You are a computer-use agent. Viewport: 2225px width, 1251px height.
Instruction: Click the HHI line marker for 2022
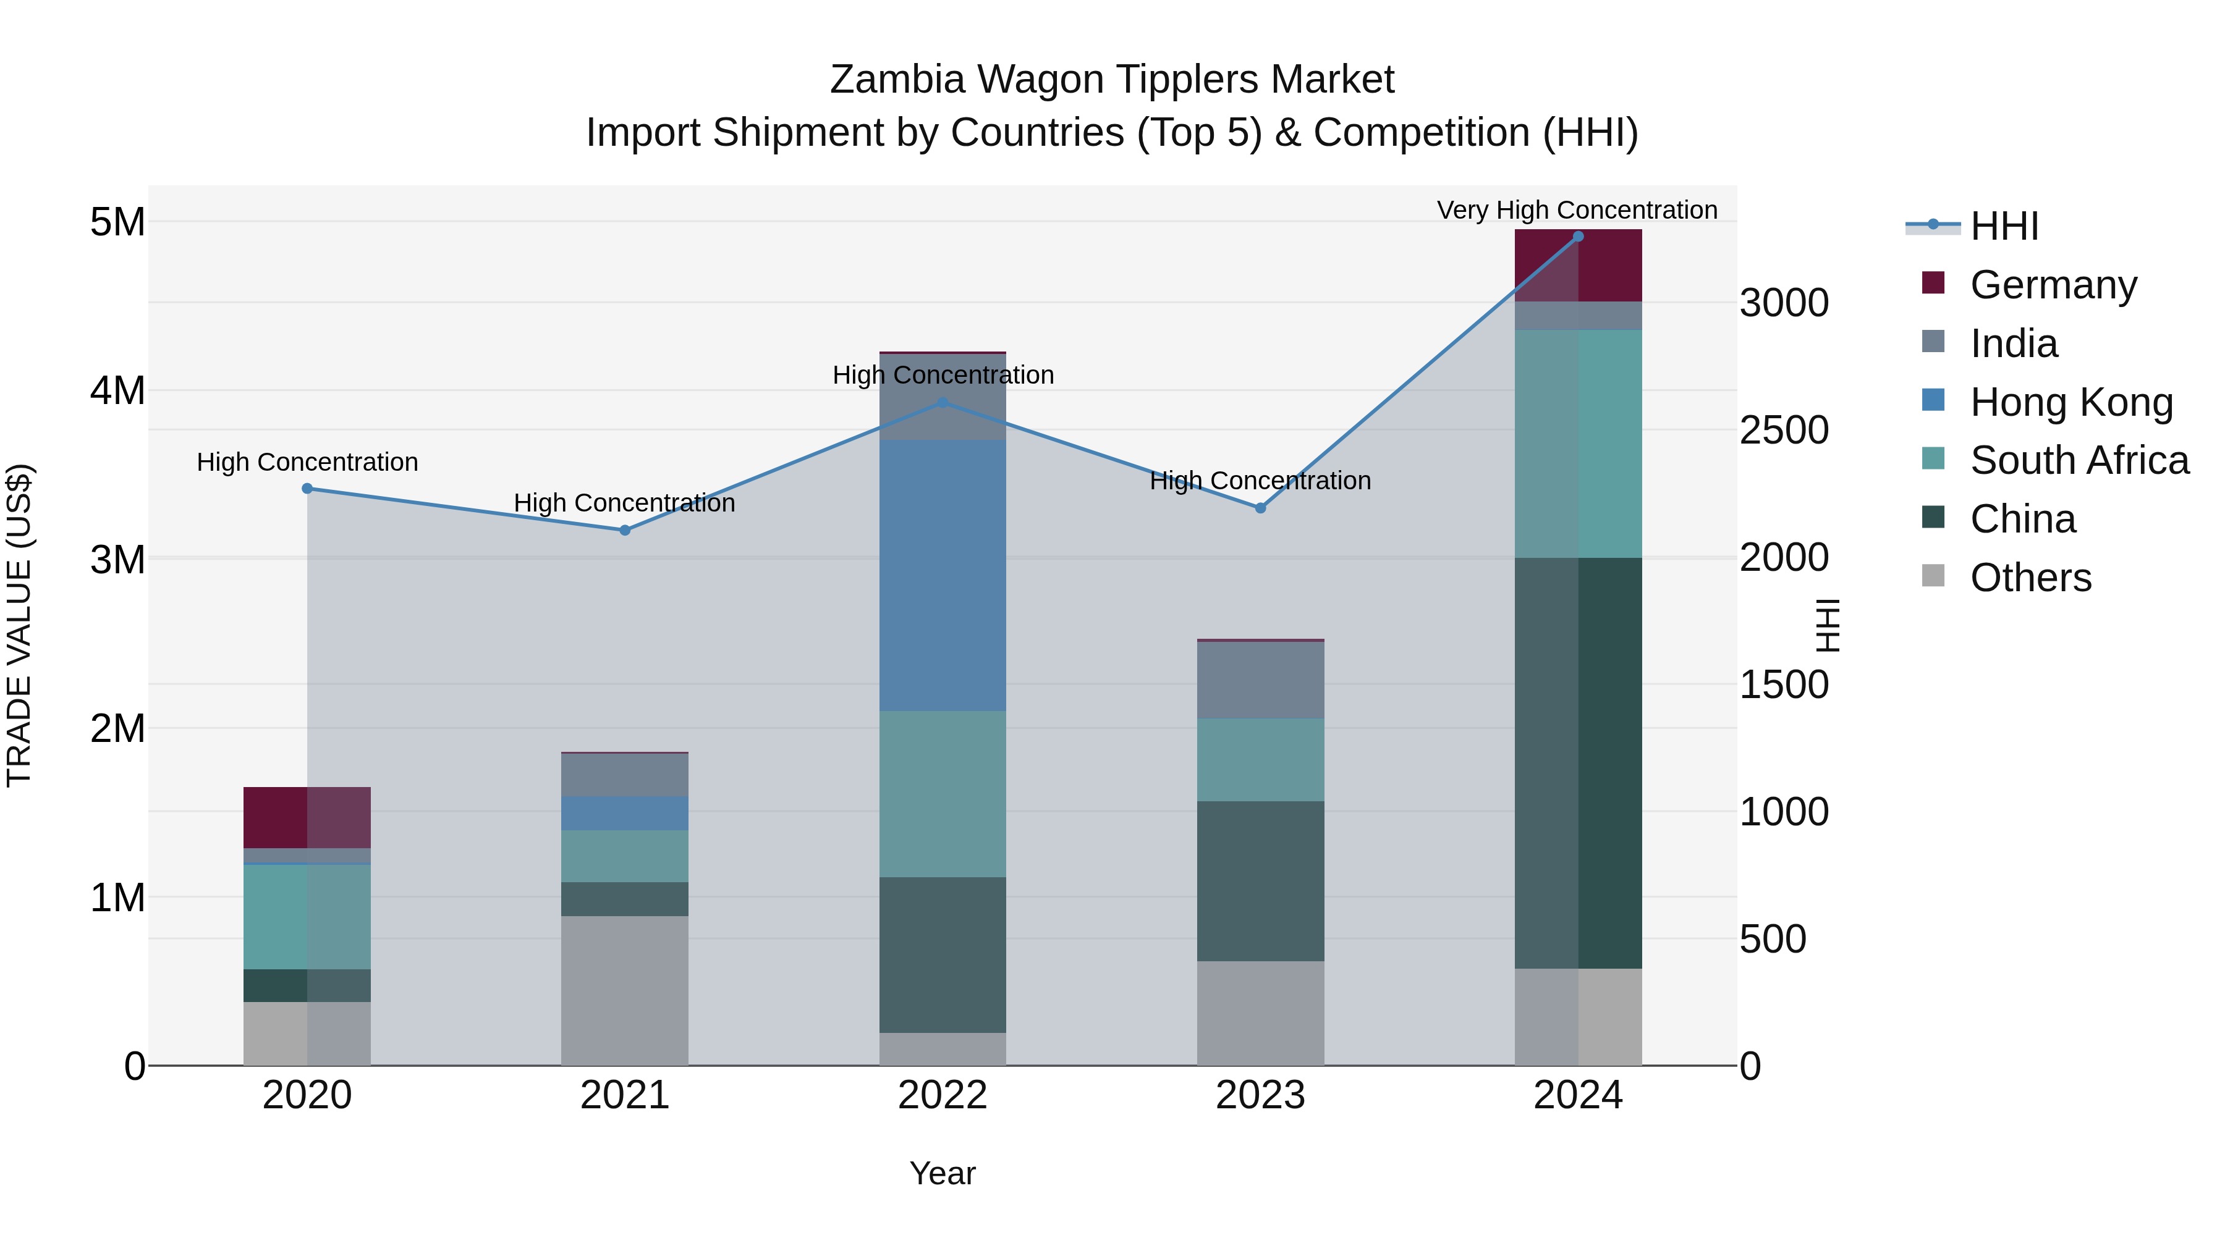pyautogui.click(x=943, y=402)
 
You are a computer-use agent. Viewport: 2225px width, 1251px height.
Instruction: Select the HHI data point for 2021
pyautogui.click(x=624, y=530)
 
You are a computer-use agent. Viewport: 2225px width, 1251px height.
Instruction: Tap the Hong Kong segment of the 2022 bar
pyautogui.click(x=943, y=575)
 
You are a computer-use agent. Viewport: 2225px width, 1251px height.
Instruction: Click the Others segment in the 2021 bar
pyautogui.click(x=624, y=990)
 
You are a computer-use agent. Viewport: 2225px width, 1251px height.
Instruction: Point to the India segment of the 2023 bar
pyautogui.click(x=1260, y=680)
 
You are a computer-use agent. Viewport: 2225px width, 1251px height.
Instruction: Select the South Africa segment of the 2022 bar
pyautogui.click(x=943, y=794)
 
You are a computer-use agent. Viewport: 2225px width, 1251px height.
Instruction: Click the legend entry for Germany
pyautogui.click(x=2052, y=285)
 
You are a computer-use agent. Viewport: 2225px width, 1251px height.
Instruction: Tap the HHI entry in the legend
pyautogui.click(x=2004, y=226)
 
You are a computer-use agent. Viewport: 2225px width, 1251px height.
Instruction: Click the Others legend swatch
pyautogui.click(x=1933, y=576)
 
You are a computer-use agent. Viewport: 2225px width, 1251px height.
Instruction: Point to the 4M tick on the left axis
pyautogui.click(x=117, y=391)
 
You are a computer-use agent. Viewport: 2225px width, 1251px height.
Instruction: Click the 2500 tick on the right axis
pyautogui.click(x=1784, y=430)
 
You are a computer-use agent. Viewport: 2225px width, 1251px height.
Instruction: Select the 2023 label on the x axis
pyautogui.click(x=1260, y=1095)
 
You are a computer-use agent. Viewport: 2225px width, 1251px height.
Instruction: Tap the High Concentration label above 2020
pyautogui.click(x=308, y=463)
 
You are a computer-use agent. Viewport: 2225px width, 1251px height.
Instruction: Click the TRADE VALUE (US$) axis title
pyautogui.click(x=19, y=625)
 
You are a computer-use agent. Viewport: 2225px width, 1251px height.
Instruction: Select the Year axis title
pyautogui.click(x=943, y=1173)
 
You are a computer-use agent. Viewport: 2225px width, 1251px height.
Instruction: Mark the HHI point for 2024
pyautogui.click(x=1578, y=237)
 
